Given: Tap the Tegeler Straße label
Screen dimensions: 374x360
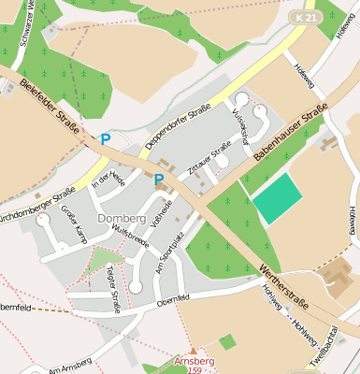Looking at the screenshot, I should tap(113, 287).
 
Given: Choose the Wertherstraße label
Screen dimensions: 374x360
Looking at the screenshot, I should tap(282, 285).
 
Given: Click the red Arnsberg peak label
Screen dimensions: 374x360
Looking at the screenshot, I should tap(194, 361).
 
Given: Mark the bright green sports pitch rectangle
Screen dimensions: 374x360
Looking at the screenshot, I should tap(278, 199).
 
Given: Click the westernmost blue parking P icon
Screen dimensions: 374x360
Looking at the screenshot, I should tap(106, 139).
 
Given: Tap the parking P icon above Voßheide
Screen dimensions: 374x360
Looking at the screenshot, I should tap(159, 179).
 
